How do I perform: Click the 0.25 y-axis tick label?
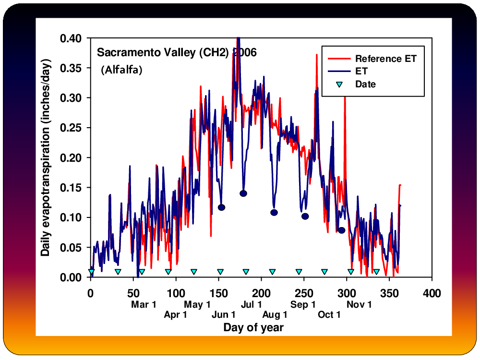[71, 128]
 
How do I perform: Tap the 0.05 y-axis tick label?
[71, 247]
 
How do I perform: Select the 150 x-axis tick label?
[218, 293]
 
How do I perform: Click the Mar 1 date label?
[144, 305]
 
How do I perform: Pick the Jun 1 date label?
[224, 314]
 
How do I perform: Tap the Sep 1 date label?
[303, 305]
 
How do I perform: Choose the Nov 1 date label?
[359, 305]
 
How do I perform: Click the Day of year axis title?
[253, 327]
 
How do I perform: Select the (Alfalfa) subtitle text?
[121, 70]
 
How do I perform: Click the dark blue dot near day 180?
[243, 193]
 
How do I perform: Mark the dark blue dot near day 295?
[342, 230]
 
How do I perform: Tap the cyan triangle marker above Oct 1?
[324, 272]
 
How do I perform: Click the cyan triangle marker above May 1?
[194, 272]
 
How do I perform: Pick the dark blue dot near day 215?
[274, 213]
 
